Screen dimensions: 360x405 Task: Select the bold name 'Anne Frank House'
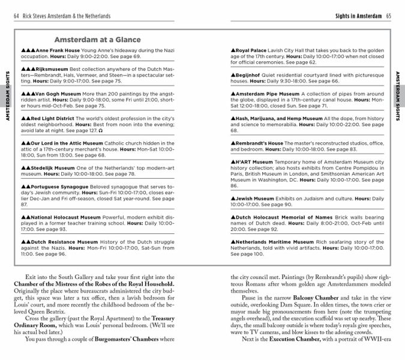(x=58, y=50)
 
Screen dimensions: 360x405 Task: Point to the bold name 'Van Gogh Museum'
(x=59, y=94)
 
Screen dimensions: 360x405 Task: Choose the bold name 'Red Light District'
(x=56, y=119)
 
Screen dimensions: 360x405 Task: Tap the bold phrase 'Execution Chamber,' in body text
(x=297, y=339)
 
